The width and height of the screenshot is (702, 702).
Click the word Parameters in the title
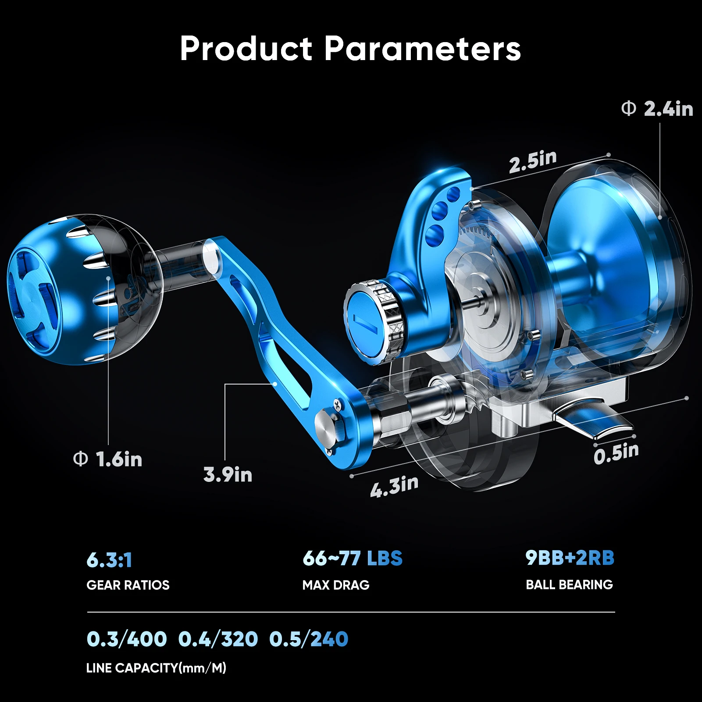tap(423, 48)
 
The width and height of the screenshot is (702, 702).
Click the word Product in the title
tap(246, 48)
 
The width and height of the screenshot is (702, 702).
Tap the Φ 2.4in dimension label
tap(657, 108)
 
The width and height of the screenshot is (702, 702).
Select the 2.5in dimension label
tap(533, 161)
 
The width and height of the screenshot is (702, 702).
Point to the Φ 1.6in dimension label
tap(108, 459)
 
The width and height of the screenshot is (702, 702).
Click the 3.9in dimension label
tap(228, 474)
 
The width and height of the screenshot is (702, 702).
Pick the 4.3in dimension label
tap(394, 486)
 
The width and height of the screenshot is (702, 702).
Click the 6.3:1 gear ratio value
tap(109, 560)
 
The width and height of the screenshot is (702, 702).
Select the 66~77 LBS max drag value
tap(353, 558)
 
